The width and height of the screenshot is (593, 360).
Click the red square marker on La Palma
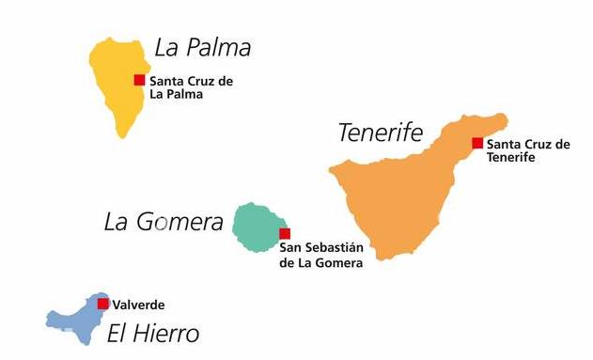click(139, 80)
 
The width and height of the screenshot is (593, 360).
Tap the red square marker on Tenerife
click(477, 143)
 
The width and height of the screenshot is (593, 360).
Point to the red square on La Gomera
click(285, 233)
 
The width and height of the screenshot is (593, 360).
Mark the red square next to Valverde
click(102, 304)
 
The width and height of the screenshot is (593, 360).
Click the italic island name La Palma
click(202, 47)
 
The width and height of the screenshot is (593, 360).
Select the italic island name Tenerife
click(381, 133)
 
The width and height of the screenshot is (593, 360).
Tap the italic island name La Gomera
click(164, 222)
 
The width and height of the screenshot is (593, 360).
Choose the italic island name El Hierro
click(152, 334)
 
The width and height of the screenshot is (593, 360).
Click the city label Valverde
click(138, 305)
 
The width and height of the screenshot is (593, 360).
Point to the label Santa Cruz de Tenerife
click(528, 150)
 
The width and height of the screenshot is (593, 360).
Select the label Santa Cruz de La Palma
click(191, 87)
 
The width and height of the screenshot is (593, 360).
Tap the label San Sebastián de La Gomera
click(321, 255)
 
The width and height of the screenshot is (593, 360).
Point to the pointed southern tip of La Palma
click(121, 135)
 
